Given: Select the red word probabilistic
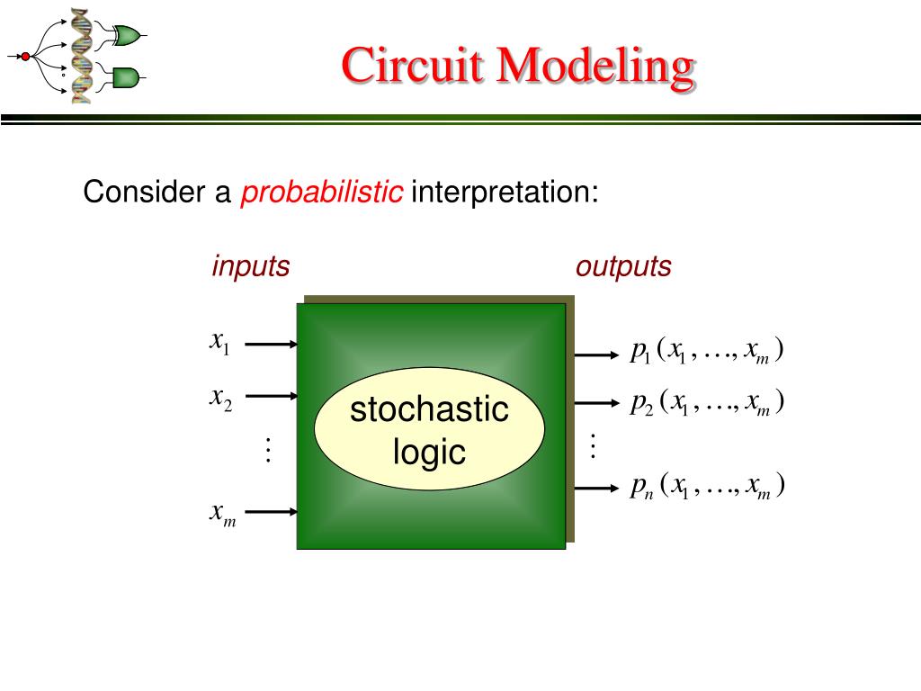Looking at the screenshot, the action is coord(321,192).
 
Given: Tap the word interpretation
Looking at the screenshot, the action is coord(504,192).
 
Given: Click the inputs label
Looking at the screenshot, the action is coord(251,266).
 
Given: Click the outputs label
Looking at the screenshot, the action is coord(623,266).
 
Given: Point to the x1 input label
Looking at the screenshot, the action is coord(220,342).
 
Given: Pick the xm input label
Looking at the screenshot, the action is coord(222,514).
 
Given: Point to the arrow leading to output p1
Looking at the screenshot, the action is coord(596,354).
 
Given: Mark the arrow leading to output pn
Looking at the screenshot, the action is coord(596,489).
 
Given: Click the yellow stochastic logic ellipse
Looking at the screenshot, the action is coord(430,431).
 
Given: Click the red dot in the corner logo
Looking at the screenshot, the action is coord(25,57).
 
